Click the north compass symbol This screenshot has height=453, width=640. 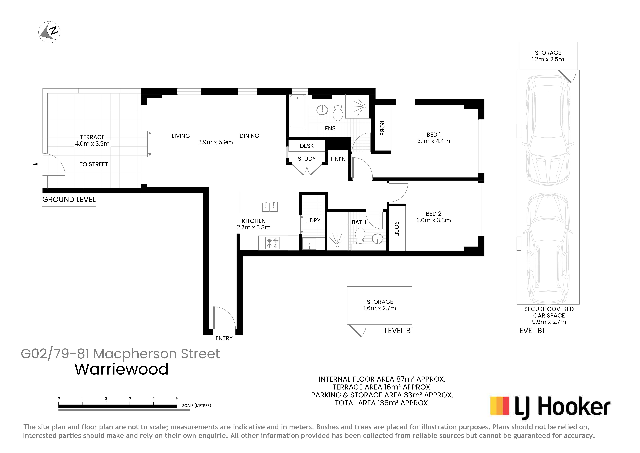[x=49, y=32]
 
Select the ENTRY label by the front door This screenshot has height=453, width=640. [x=224, y=338]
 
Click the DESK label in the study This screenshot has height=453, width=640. [x=307, y=146]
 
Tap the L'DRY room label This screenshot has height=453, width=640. [x=313, y=220]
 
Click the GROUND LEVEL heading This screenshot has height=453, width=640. [x=69, y=200]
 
